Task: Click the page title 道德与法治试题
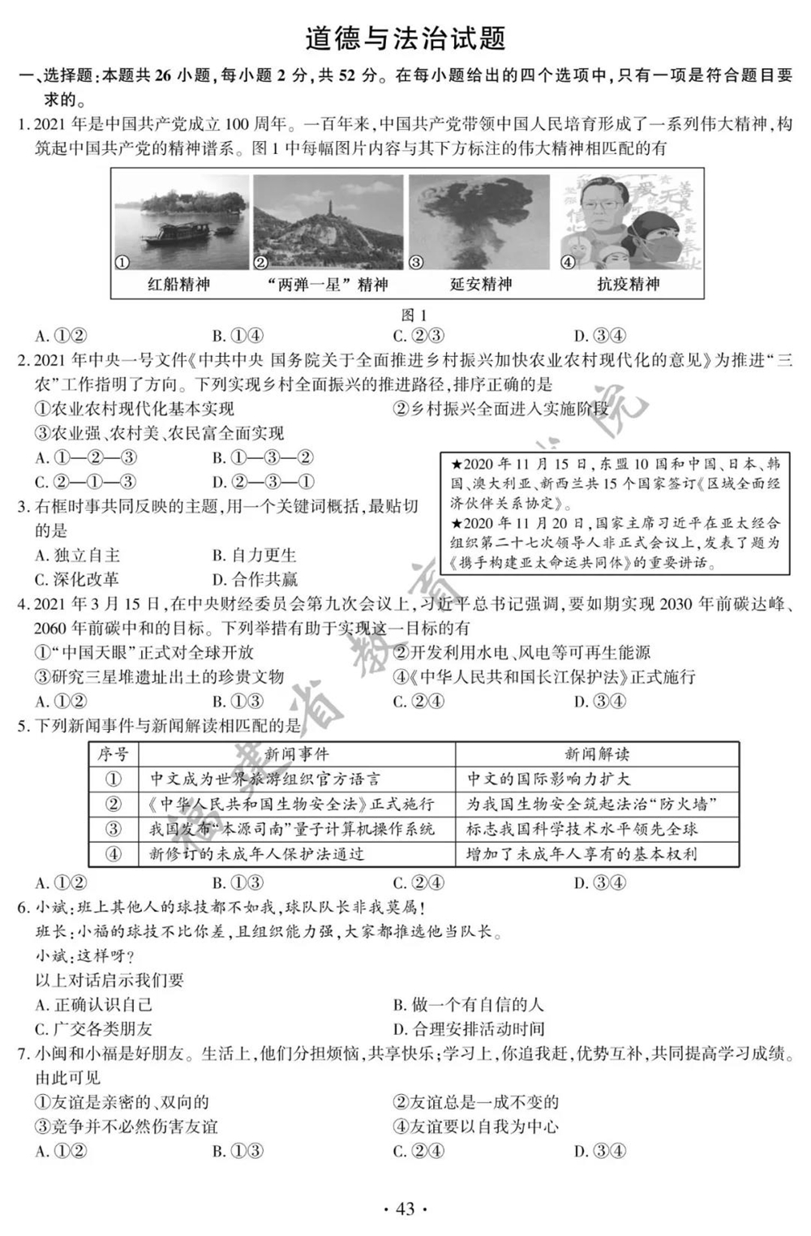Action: pyautogui.click(x=405, y=39)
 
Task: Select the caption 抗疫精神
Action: pyautogui.click(x=629, y=284)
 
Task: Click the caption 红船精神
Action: pyautogui.click(x=178, y=284)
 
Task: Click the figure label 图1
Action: pyautogui.click(x=414, y=315)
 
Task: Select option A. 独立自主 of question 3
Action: pyautogui.click(x=77, y=556)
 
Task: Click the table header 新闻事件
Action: pyautogui.click(x=297, y=754)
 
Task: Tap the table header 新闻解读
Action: pyautogui.click(x=597, y=754)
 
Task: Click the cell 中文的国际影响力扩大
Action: pyautogui.click(x=548, y=779)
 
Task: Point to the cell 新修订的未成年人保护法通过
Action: pyautogui.click(x=257, y=853)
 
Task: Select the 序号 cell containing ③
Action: pyautogui.click(x=114, y=828)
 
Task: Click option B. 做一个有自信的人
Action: pyautogui.click(x=468, y=1005)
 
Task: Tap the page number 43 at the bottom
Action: pyautogui.click(x=405, y=1209)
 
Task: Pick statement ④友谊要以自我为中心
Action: pyautogui.click(x=475, y=1127)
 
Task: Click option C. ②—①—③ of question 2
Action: pyautogui.click(x=85, y=482)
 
